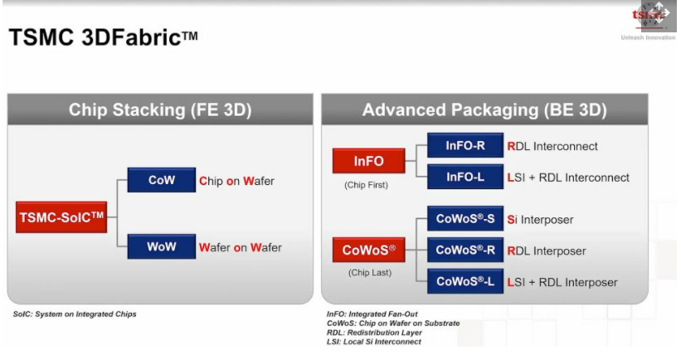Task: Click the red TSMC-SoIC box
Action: point(61,216)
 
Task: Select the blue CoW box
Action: point(162,180)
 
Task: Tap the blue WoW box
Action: point(162,246)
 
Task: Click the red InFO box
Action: point(369,161)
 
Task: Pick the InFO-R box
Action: point(465,145)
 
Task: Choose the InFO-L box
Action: point(465,177)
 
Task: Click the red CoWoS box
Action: point(369,250)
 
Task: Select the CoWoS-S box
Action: point(465,218)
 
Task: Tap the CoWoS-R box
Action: point(465,250)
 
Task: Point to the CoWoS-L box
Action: point(465,281)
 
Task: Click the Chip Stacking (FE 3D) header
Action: point(160,109)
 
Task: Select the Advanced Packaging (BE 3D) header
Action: point(484,109)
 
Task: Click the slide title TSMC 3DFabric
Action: point(104,36)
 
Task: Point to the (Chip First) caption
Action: point(366,185)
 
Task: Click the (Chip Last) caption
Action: point(370,273)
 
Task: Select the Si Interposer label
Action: point(540,220)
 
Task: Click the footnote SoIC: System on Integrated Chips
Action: point(75,314)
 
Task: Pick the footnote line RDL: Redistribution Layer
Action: point(374,333)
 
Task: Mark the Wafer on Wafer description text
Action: point(241,247)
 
